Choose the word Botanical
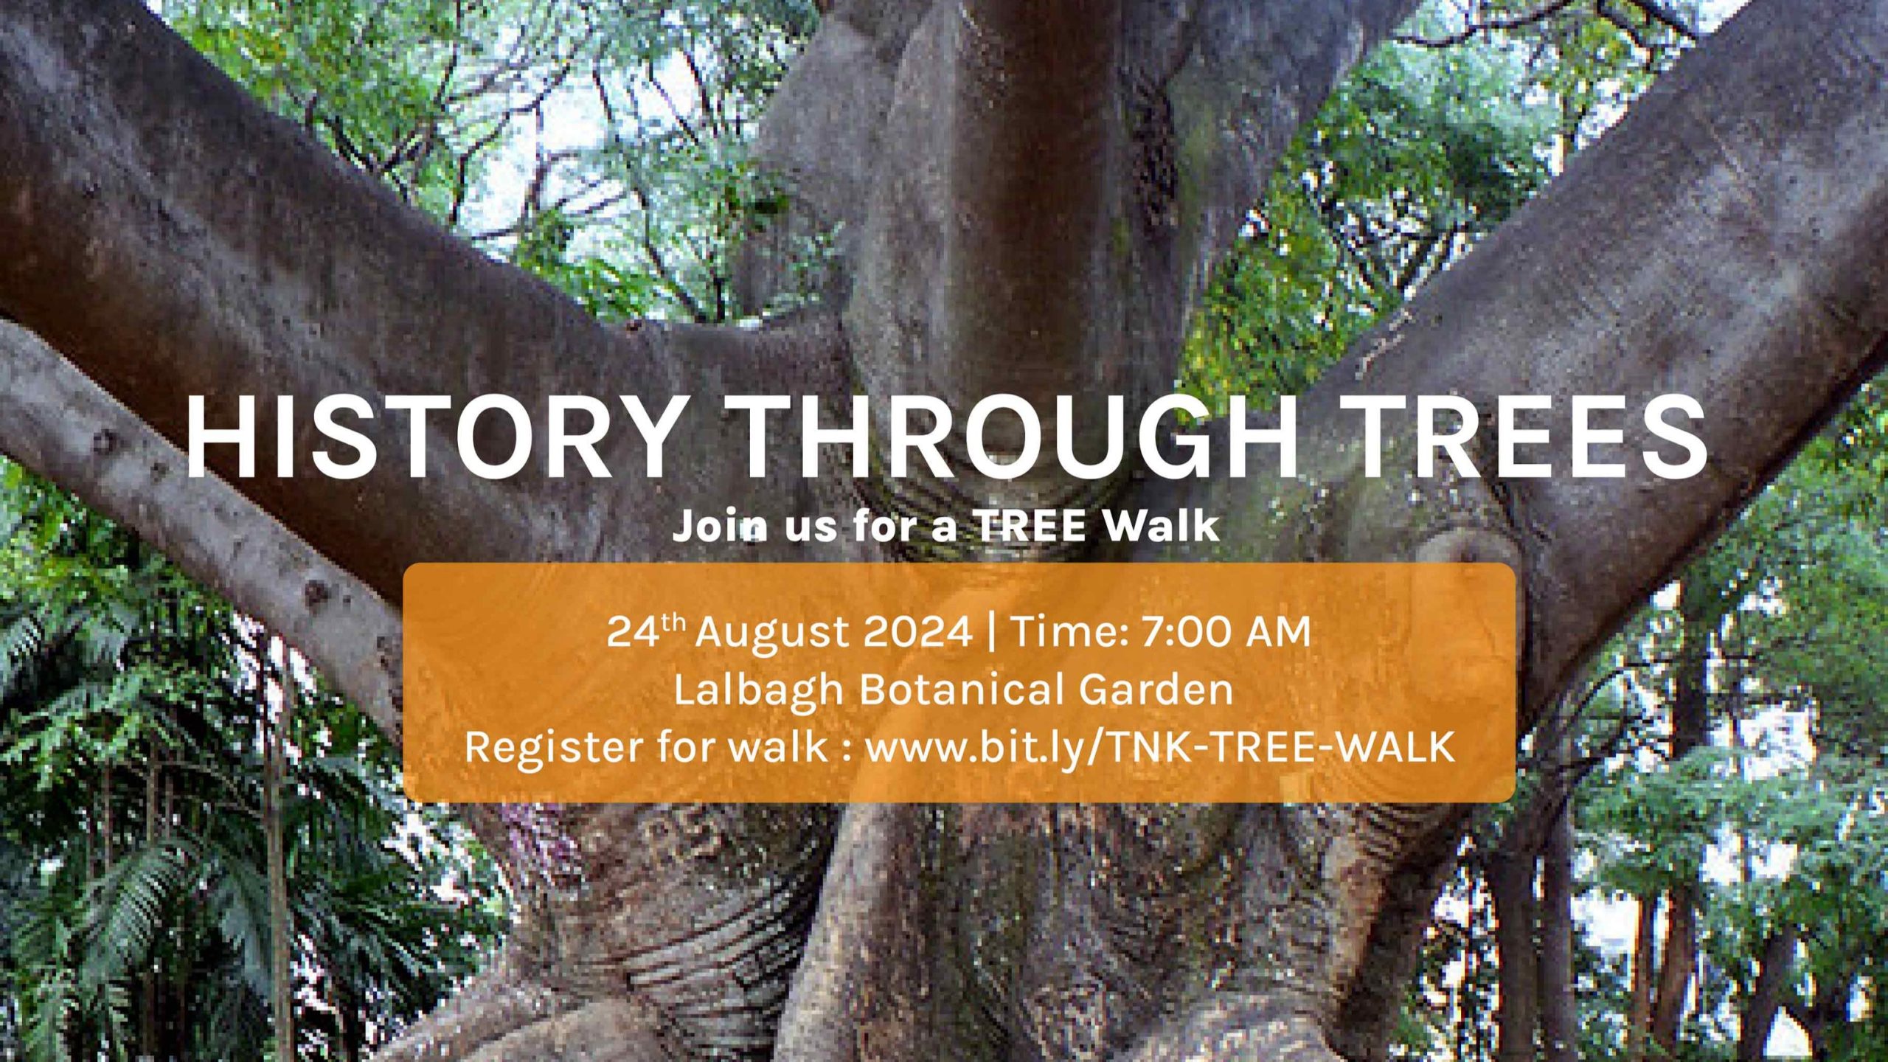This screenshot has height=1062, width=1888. (x=962, y=690)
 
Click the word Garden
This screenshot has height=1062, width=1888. (x=1156, y=690)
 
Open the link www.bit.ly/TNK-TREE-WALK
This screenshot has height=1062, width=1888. (x=1159, y=746)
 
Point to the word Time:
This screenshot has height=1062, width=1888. (x=1069, y=632)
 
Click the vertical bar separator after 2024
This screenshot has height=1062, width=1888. (x=990, y=634)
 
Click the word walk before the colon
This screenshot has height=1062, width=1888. (x=778, y=746)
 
